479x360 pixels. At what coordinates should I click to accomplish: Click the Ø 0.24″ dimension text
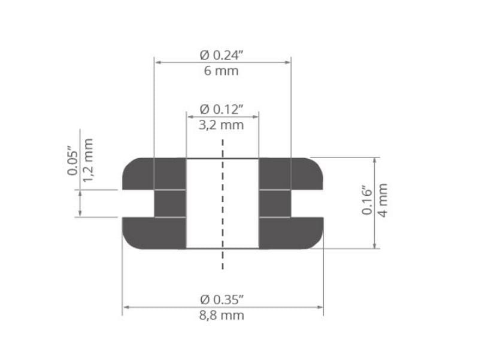222,55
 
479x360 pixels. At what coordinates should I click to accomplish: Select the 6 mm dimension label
221,71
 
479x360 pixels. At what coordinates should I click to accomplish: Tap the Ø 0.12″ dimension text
222,109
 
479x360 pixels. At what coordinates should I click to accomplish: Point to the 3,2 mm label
221,125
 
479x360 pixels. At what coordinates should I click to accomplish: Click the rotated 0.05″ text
72,162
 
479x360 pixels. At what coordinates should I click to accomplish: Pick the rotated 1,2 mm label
87,160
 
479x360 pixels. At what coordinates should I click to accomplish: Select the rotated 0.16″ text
367,200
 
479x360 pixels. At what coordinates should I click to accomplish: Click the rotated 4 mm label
383,200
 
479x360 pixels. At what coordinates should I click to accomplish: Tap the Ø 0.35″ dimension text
222,300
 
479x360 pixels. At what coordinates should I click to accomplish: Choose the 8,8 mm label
222,316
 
